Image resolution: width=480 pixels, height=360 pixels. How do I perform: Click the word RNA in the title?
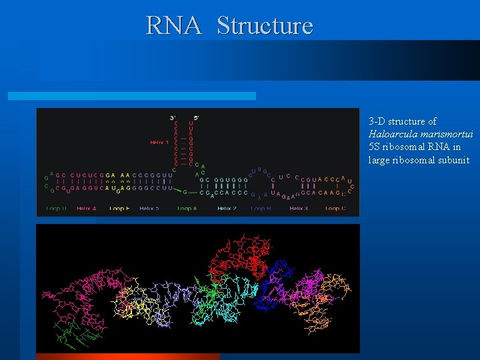(173, 26)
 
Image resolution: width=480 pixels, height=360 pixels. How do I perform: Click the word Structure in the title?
(265, 26)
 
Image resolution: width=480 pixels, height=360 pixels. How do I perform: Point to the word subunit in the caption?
(453, 160)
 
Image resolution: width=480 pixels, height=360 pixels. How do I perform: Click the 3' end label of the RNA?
(173, 117)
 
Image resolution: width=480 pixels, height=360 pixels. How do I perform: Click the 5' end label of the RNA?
(196, 117)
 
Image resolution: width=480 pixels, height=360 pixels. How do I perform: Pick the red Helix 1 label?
(159, 142)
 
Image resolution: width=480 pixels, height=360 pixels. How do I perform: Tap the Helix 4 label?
(86, 209)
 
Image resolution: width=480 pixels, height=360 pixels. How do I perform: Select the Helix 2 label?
(227, 209)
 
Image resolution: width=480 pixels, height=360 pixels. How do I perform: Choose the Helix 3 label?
(299, 209)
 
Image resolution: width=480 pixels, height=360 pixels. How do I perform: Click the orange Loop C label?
(335, 209)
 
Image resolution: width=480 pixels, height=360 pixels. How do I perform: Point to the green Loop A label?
(187, 209)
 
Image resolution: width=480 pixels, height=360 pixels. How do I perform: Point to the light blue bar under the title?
(131, 96)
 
